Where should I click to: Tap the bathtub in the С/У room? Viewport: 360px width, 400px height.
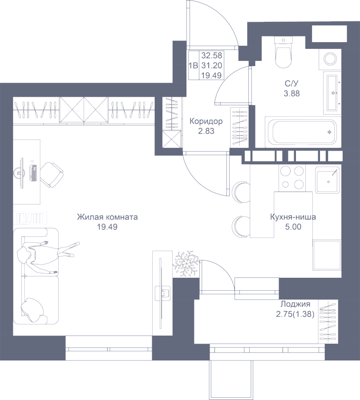303,132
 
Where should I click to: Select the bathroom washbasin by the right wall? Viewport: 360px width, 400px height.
332,93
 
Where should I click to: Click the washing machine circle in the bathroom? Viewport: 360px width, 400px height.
330,59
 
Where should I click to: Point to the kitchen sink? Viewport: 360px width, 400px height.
328,180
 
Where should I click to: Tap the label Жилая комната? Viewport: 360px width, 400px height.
107,217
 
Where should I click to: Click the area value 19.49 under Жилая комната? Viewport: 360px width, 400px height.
107,227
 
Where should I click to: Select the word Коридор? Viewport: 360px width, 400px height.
206,121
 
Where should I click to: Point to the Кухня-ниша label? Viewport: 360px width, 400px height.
293,217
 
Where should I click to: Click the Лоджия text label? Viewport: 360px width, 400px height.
295,304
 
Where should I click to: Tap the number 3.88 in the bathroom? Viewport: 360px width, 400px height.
292,93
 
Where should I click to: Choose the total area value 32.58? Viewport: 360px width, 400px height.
211,56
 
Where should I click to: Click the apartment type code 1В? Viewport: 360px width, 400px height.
193,66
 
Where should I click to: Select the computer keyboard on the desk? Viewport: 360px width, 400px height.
34,173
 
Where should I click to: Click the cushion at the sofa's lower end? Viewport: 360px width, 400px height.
32,310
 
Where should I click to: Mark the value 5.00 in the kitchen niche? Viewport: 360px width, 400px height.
293,227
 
